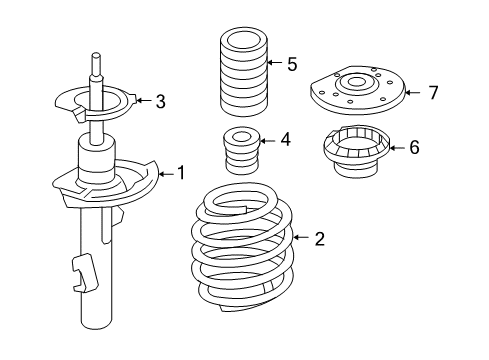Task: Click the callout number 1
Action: pos(181,174)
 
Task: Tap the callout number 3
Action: pos(160,100)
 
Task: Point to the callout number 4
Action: pos(285,140)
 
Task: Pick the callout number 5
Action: pos(292,65)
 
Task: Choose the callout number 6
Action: pos(414,147)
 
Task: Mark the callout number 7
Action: pos(433,93)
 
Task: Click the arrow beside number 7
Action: pos(416,93)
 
